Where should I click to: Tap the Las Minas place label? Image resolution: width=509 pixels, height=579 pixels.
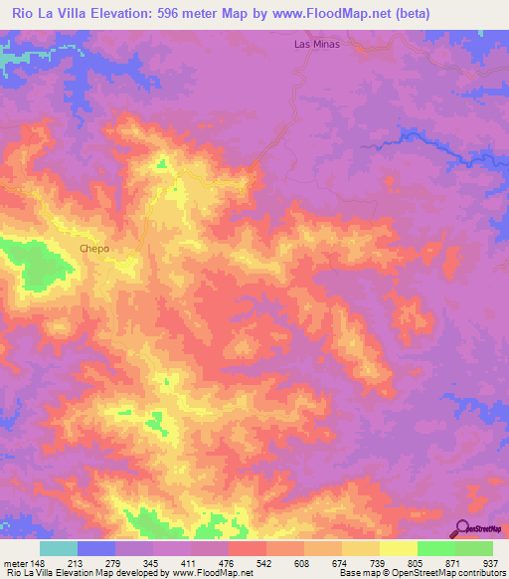[x=317, y=45]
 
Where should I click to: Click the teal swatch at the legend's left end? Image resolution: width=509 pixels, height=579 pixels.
[x=59, y=548]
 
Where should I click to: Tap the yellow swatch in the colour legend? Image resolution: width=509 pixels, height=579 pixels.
[x=398, y=548]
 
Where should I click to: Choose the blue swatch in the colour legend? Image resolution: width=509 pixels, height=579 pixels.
[x=96, y=548]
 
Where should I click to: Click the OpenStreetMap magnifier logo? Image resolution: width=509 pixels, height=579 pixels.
[x=461, y=528]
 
